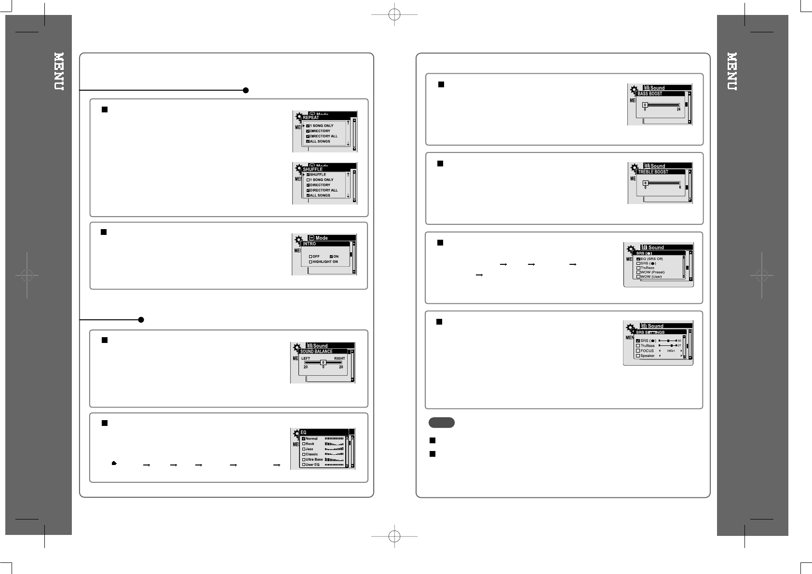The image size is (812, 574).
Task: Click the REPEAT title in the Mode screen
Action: [311, 118]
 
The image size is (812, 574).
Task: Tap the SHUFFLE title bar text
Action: [313, 169]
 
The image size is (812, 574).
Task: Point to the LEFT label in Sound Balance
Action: [306, 358]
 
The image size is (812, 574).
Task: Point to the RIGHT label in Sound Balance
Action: [339, 358]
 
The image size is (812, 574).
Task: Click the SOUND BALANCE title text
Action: [316, 352]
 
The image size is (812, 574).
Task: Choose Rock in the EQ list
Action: [310, 444]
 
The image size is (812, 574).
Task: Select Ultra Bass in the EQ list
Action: [314, 459]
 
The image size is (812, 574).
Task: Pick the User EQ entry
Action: [312, 465]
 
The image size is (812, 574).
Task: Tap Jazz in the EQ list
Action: [309, 449]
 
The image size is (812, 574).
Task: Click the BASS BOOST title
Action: [650, 94]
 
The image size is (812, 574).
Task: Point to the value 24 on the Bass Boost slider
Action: [678, 109]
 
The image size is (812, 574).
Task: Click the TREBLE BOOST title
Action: [653, 172]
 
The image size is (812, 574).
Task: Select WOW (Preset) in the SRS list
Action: [652, 272]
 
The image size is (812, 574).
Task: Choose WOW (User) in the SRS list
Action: [651, 277]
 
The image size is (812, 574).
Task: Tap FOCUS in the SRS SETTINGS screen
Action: [647, 351]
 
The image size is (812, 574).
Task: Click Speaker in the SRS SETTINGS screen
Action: [647, 356]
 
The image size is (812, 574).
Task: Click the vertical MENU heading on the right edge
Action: [732, 71]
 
